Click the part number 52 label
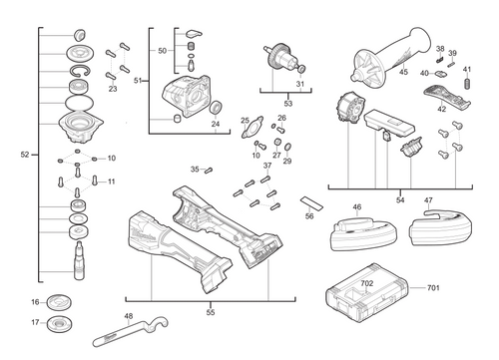[x=25, y=155]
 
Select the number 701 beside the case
[x=433, y=289]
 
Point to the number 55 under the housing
[x=210, y=312]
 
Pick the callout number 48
[x=128, y=317]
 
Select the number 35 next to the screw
[x=196, y=169]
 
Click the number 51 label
[x=140, y=79]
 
